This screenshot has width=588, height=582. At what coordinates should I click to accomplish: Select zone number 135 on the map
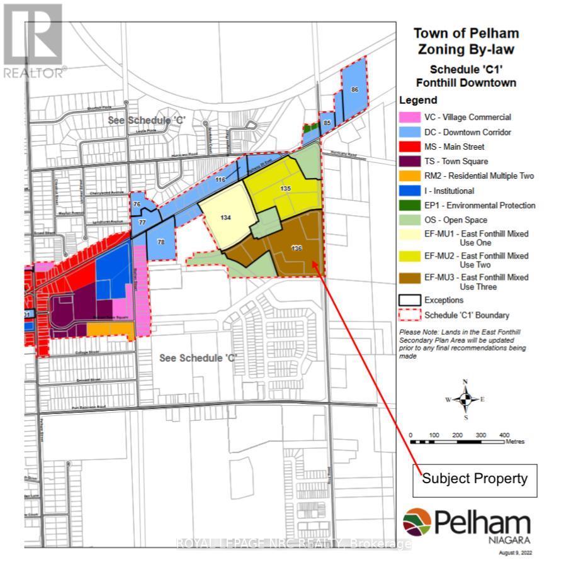(286, 188)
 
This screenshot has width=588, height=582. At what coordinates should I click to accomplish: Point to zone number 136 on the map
(297, 248)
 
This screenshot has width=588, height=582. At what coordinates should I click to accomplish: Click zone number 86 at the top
(354, 90)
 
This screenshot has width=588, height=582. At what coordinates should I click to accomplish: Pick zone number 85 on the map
(326, 123)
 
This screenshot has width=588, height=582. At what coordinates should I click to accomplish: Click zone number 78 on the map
(161, 242)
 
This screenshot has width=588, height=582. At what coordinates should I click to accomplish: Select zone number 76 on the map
(137, 204)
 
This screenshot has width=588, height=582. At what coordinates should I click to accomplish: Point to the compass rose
(465, 399)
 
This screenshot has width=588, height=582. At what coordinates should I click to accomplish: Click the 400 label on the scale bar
(504, 435)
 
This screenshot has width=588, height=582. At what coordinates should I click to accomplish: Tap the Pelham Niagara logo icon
(417, 522)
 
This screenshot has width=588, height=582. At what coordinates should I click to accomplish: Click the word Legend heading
(418, 100)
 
